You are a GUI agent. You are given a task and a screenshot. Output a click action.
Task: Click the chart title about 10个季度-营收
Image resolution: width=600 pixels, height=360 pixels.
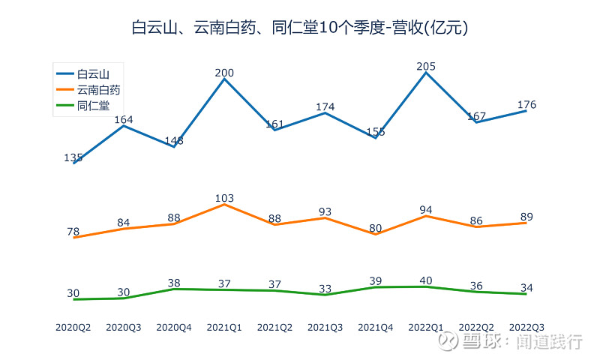coord(300,28)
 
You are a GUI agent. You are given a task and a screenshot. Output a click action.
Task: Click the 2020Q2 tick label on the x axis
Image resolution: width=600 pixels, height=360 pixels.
coord(73,327)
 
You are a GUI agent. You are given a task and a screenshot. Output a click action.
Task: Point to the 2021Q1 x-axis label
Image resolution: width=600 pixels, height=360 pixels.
coord(224,327)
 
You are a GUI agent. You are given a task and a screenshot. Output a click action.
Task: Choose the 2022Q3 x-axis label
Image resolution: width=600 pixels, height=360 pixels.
coord(526,327)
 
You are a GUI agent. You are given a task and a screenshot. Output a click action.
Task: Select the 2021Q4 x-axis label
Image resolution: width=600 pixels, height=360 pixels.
coord(376,327)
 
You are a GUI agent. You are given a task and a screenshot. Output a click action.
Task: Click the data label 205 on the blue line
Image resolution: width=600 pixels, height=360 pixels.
coord(426,67)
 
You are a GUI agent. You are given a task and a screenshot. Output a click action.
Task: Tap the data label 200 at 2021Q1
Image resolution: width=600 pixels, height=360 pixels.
coord(224,73)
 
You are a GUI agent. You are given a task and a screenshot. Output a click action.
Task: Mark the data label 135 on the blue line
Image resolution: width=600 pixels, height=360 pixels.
coord(73,158)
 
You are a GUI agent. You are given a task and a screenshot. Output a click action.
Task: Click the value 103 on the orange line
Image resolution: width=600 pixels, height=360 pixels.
coord(224,199)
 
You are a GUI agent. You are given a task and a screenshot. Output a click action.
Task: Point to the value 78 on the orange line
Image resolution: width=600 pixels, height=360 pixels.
coord(73,232)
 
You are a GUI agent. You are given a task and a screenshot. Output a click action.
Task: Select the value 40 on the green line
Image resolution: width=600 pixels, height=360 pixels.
coord(426,281)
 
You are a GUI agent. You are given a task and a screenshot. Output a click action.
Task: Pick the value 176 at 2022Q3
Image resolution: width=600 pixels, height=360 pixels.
coord(526,105)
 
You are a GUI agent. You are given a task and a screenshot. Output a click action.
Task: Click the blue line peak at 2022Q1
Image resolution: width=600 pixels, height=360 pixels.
coord(426,73)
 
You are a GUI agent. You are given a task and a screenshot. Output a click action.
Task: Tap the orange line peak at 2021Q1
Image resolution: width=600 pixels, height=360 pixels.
coord(224,204)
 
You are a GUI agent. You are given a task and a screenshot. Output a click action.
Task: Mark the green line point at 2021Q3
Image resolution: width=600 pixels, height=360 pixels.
coord(325,295)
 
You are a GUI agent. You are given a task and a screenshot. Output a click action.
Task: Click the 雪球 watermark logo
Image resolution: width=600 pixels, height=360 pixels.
coord(449,342)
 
